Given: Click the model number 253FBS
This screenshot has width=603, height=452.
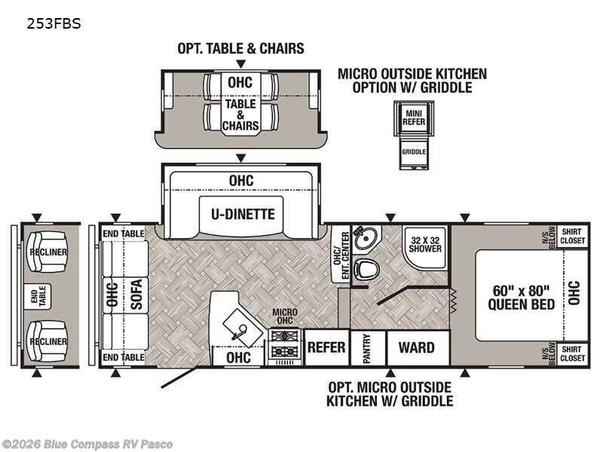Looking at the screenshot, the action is coord(54,24).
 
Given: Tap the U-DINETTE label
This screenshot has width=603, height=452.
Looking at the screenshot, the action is coord(243,214).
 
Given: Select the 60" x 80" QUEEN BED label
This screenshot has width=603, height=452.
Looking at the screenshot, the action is coord(521,297).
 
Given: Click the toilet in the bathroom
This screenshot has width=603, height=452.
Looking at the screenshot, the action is coord(366,269).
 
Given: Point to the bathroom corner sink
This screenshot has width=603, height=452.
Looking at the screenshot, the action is coord(366,239).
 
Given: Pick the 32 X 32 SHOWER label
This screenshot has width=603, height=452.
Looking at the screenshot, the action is coord(425,244).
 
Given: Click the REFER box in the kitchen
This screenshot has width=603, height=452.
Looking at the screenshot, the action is coord(326,347).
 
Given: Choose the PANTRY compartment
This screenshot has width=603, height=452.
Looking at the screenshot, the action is coord(368,348).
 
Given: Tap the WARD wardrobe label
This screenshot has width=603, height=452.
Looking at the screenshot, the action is coord(417,347).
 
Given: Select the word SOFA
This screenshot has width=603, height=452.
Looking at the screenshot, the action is coord(136,294).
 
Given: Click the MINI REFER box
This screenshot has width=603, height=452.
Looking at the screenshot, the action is coord(414,118).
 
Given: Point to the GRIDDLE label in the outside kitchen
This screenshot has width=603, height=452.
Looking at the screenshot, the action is coord(414,152).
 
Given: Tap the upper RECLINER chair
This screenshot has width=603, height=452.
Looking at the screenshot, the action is coord(47,252).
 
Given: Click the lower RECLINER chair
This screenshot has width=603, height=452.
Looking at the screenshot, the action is coord(47,341).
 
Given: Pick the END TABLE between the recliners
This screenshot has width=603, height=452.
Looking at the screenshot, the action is coord(37,296).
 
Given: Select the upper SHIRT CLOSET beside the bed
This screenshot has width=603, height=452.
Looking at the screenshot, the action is coord(572,237).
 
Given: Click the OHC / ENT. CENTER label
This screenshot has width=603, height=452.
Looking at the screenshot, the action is coord(341,255).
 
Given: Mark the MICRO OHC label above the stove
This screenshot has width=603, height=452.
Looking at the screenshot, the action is coord(285,316).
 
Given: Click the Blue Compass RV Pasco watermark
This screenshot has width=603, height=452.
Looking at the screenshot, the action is coord(87,444).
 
